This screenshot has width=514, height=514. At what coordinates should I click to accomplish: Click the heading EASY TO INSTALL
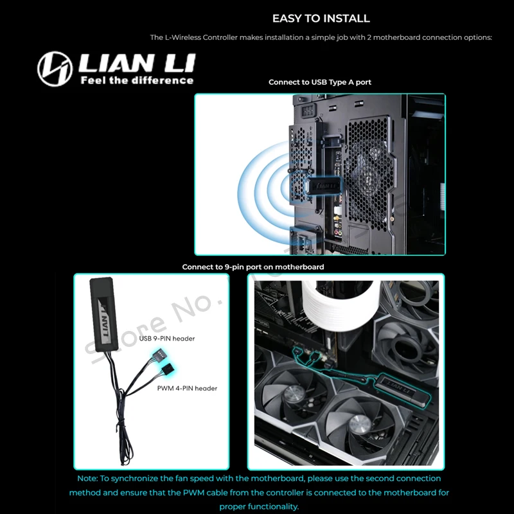[x=321, y=19]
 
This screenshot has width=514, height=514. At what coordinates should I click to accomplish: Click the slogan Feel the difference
[x=136, y=80]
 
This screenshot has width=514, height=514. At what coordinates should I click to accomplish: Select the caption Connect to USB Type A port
[x=320, y=82]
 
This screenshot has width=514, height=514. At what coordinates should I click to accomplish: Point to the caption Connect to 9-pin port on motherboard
[x=253, y=267]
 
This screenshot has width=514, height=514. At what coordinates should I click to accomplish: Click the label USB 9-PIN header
[x=167, y=339]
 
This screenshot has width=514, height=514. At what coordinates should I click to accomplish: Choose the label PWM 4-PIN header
[x=187, y=388]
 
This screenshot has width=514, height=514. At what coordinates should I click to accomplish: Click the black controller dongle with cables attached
[x=103, y=313]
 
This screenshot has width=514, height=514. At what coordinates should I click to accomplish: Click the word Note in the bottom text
[x=87, y=479]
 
